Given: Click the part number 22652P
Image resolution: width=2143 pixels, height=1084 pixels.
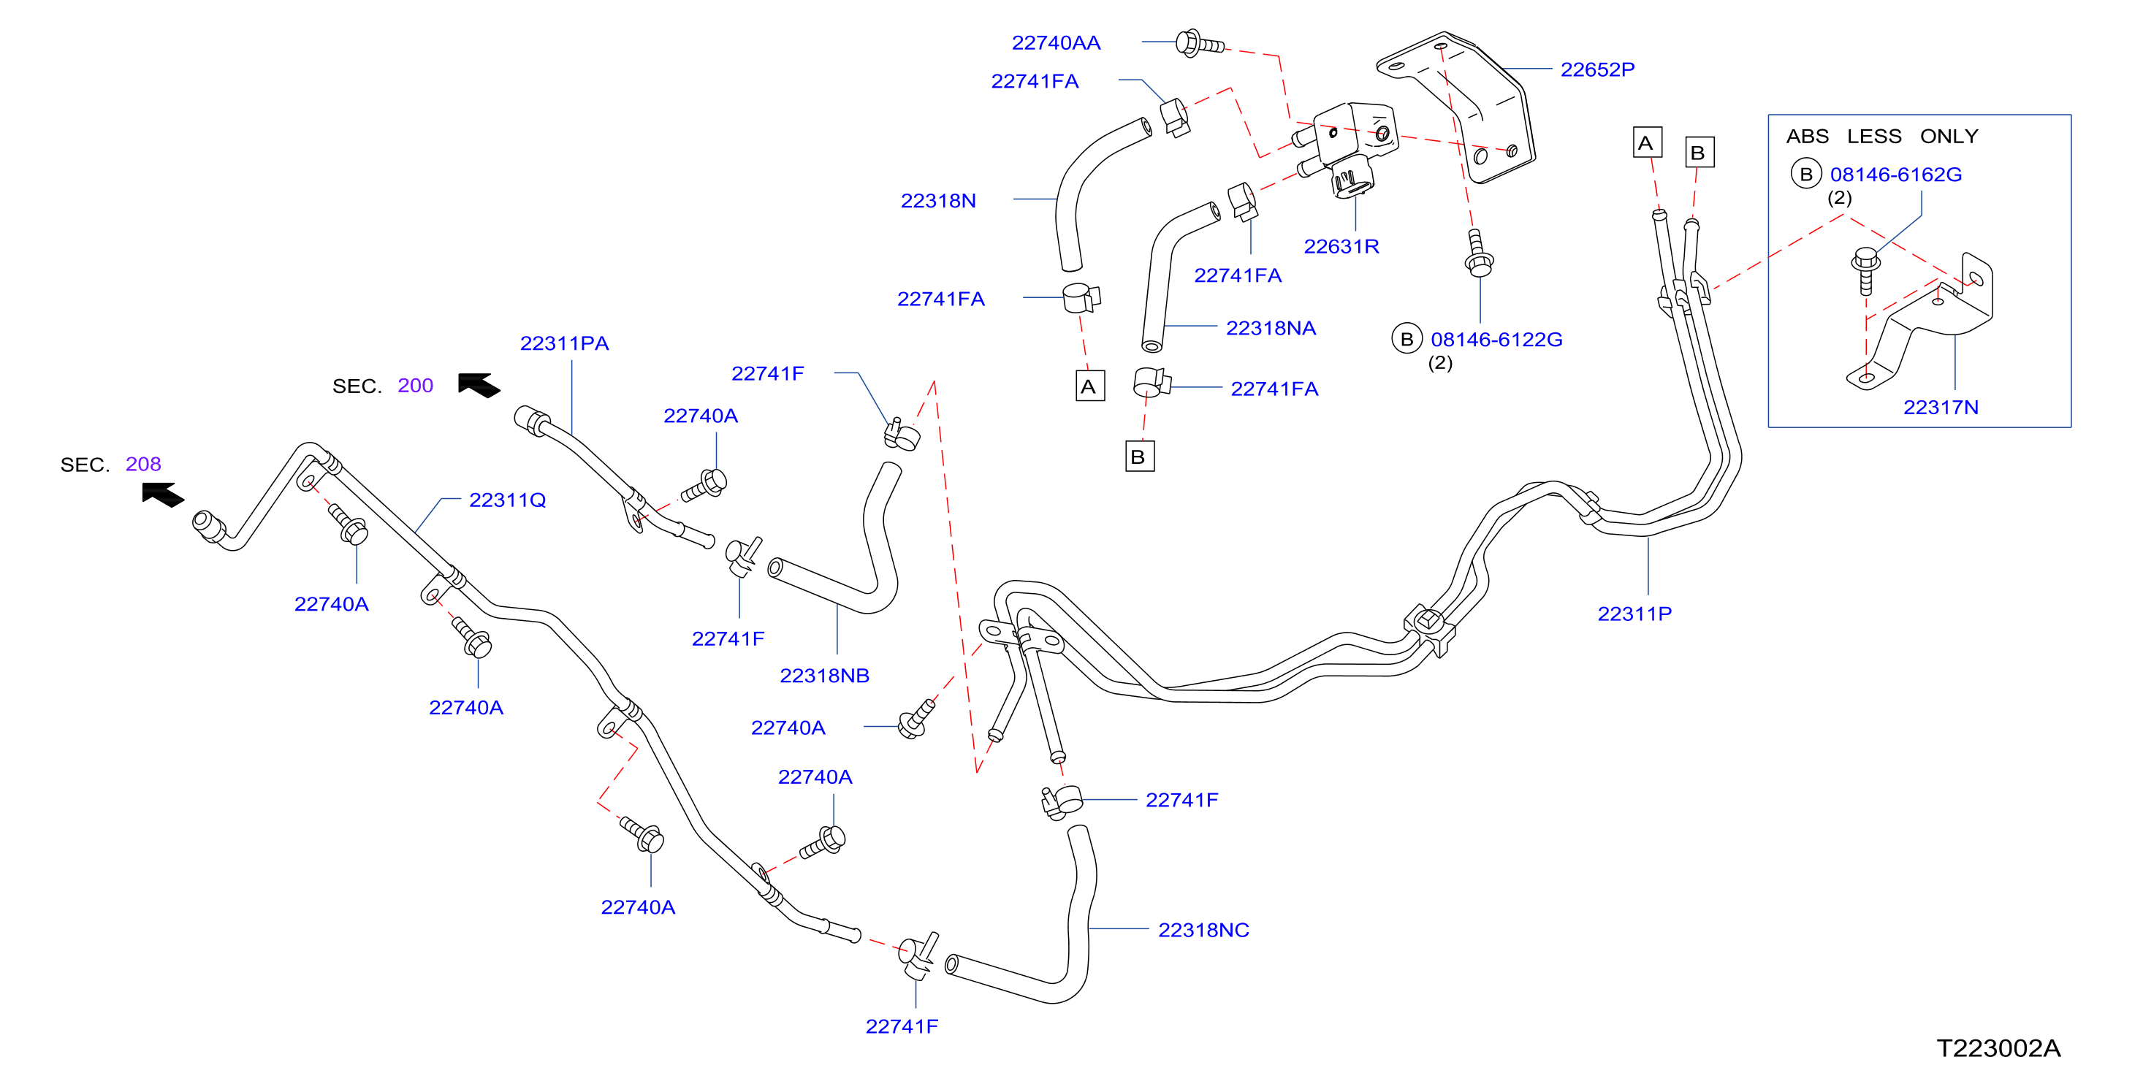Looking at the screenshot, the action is pyautogui.click(x=1597, y=69).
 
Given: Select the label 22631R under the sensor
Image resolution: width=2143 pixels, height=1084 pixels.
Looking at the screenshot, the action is pyautogui.click(x=1341, y=246).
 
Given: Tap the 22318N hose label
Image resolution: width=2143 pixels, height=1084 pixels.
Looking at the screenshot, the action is pyautogui.click(x=937, y=200).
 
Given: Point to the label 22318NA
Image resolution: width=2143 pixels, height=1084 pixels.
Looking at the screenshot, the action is pyautogui.click(x=1271, y=328).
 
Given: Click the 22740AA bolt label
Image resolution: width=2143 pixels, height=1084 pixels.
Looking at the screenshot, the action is pyautogui.click(x=1056, y=42).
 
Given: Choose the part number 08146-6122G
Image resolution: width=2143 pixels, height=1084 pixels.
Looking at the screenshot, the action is pyautogui.click(x=1496, y=340).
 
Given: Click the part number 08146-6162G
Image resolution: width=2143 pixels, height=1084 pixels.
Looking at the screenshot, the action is pyautogui.click(x=1895, y=175).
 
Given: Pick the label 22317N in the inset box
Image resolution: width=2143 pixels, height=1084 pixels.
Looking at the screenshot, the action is pyautogui.click(x=1940, y=407).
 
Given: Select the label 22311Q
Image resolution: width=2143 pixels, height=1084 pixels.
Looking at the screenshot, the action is pyautogui.click(x=508, y=500).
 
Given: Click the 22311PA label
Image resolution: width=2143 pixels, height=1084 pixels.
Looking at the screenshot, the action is pyautogui.click(x=564, y=343).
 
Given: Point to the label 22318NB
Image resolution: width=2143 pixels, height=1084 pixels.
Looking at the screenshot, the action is pyautogui.click(x=824, y=676).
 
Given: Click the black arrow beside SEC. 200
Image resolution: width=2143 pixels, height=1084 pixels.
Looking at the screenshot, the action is pyautogui.click(x=479, y=384).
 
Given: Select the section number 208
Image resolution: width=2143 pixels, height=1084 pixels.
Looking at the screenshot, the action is pyautogui.click(x=143, y=465).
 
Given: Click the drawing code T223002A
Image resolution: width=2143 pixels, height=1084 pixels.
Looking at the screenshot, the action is pyautogui.click(x=1998, y=1048).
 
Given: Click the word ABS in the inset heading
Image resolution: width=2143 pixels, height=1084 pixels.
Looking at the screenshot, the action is pyautogui.click(x=1807, y=137).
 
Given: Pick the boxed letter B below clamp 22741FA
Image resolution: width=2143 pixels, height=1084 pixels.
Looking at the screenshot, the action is pyautogui.click(x=1140, y=457).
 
